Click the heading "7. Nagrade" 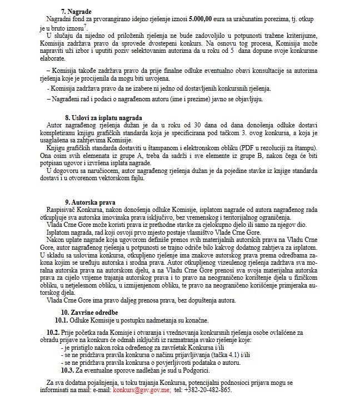click(x=76, y=11)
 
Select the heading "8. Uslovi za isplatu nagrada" click(x=103, y=118)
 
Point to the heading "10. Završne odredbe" click(x=91, y=313)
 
